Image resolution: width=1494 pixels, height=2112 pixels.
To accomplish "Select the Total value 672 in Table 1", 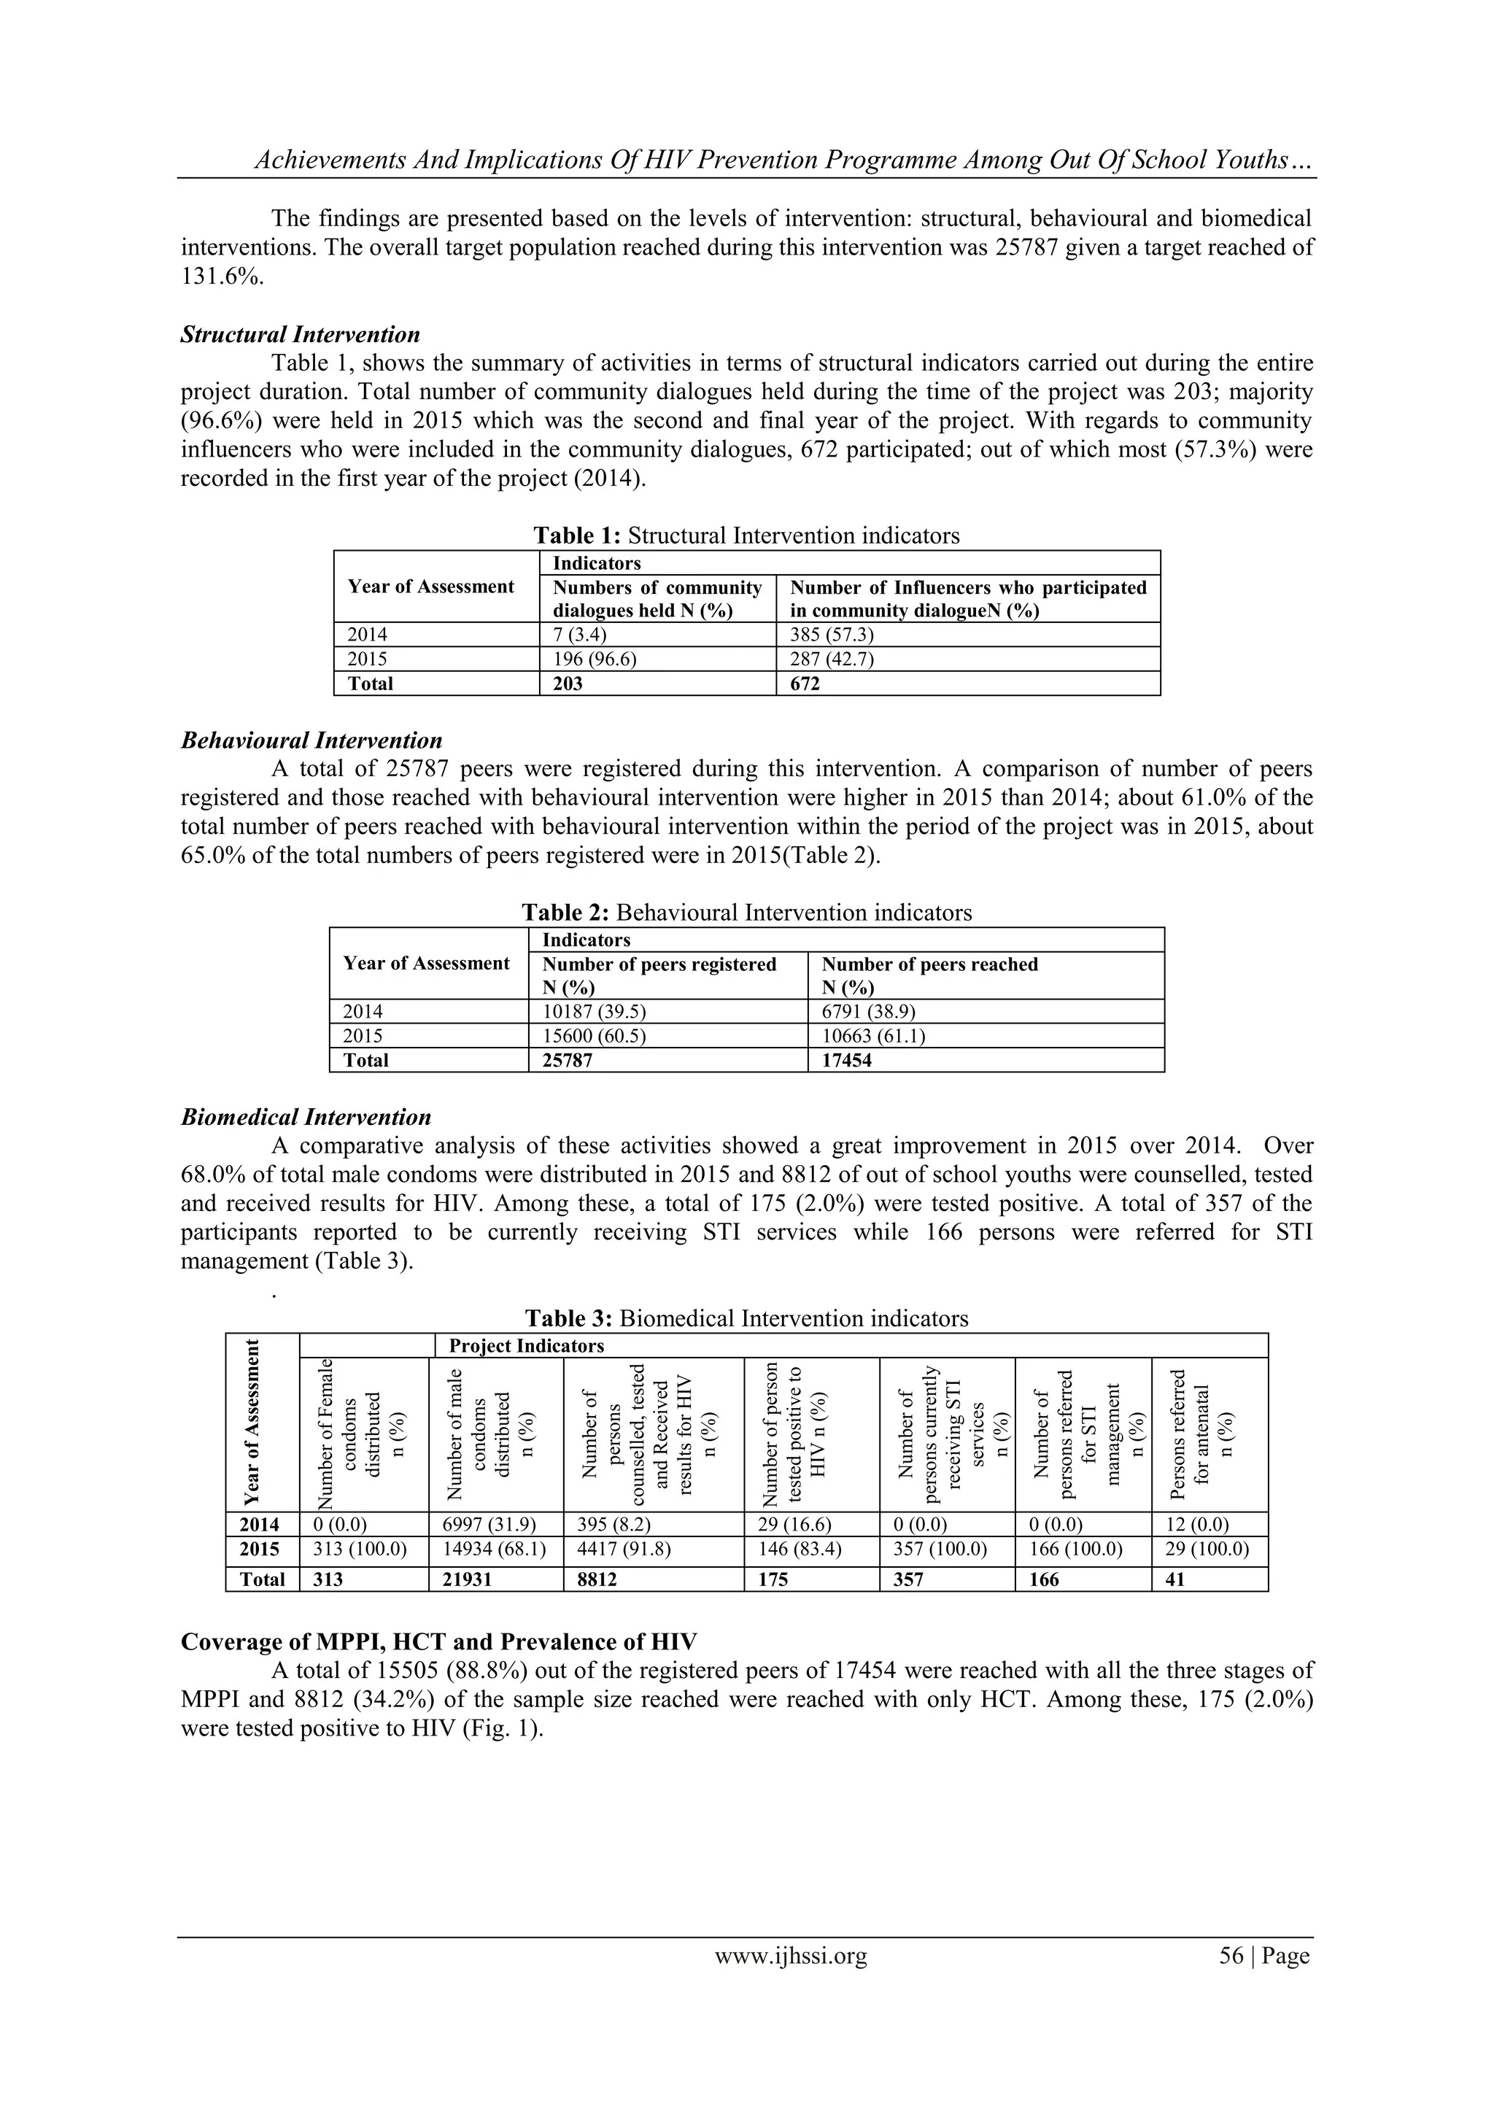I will pyautogui.click(x=804, y=684).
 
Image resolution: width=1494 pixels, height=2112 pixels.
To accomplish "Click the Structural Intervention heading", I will pyautogui.click(x=300, y=334).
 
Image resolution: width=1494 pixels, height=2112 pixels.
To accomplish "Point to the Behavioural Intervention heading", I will pyautogui.click(x=311, y=740).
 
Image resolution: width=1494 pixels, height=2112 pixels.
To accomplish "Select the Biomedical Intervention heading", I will pyautogui.click(x=306, y=1117).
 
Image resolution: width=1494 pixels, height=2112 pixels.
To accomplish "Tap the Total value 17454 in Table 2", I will pyautogui.click(x=846, y=1060).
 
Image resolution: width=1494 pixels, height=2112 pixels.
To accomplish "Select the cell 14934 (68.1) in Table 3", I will pyautogui.click(x=495, y=1548).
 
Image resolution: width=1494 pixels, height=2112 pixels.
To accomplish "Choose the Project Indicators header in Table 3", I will pyautogui.click(x=526, y=1346).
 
